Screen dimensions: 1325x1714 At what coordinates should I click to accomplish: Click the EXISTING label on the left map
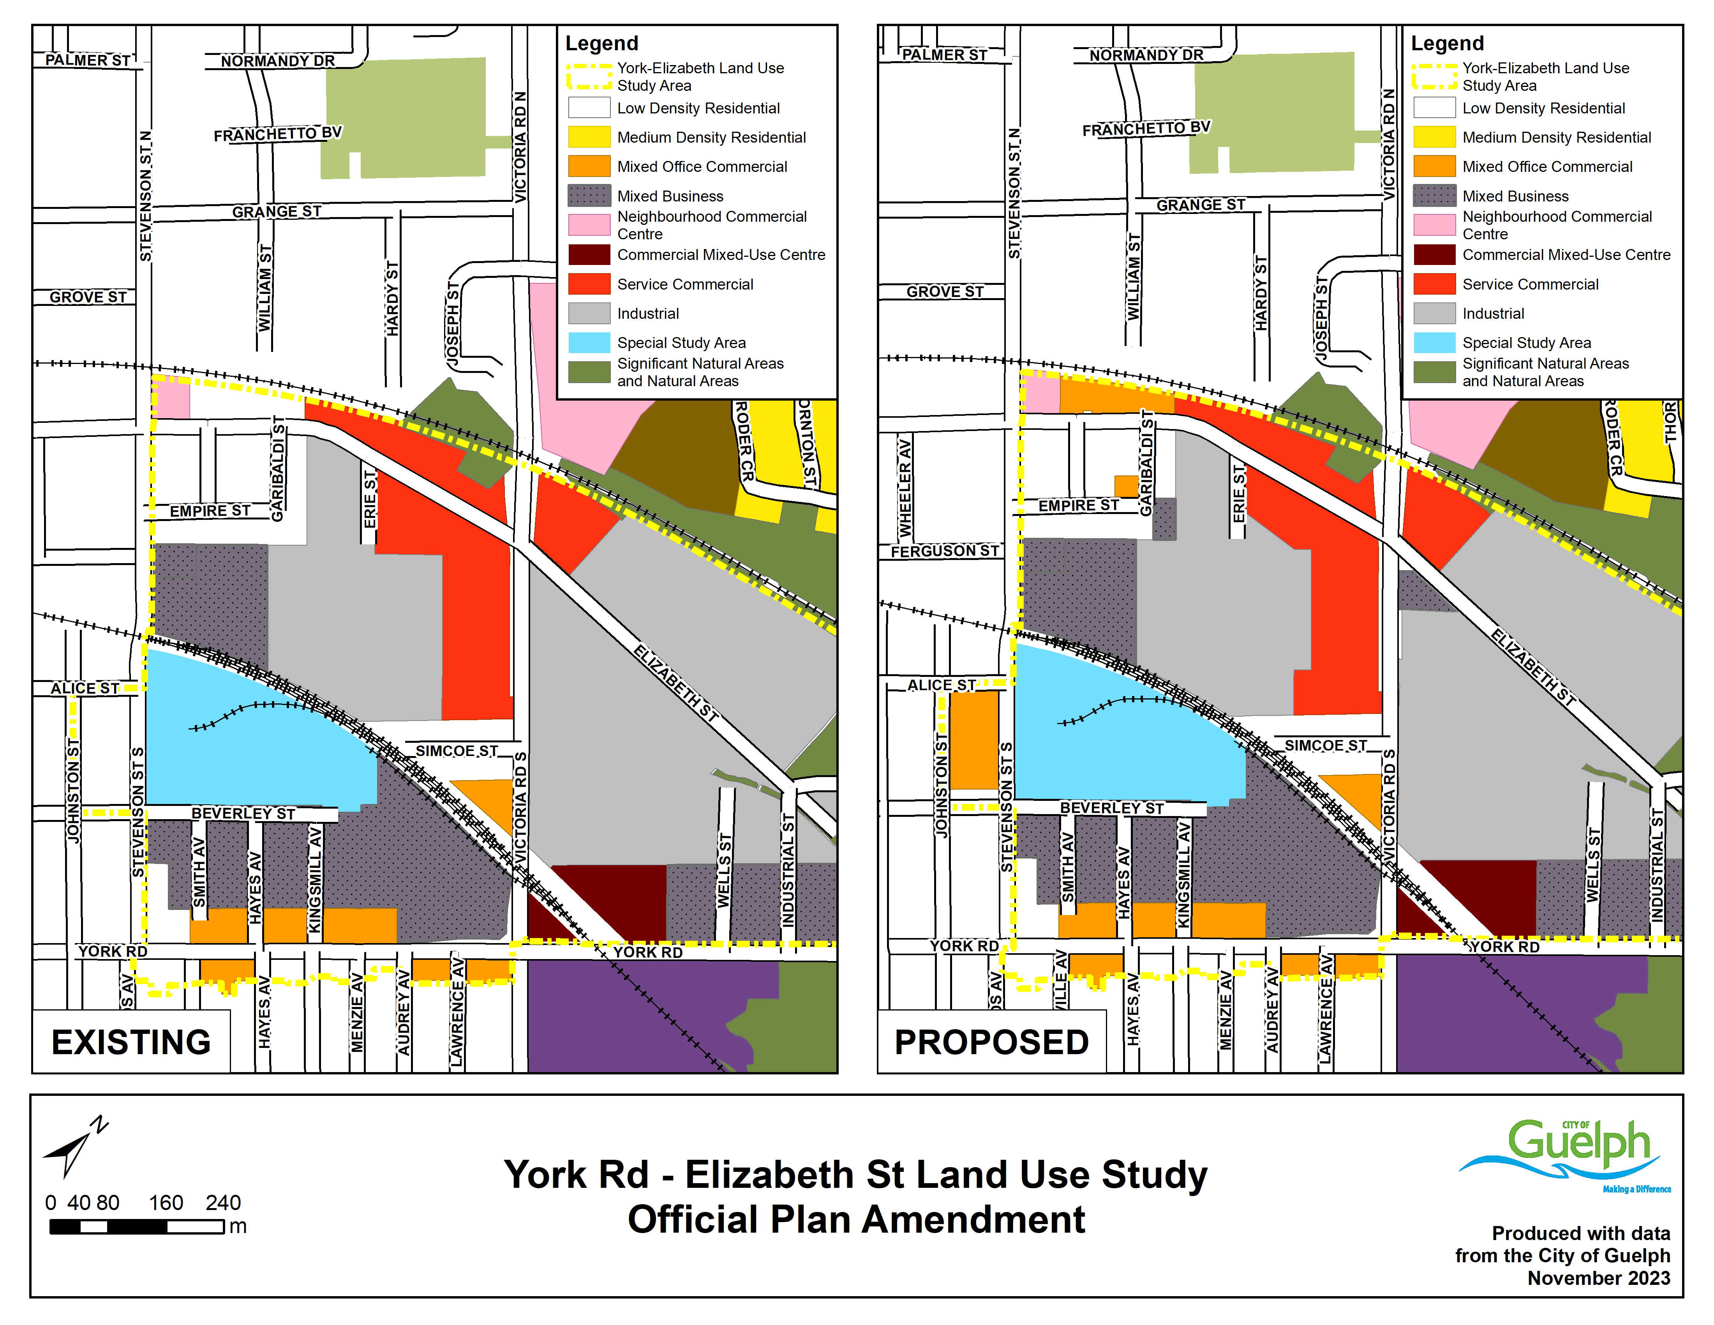[131, 1042]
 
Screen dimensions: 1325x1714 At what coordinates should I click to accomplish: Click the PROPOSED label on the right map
[991, 1042]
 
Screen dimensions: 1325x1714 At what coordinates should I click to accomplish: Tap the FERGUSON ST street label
[944, 551]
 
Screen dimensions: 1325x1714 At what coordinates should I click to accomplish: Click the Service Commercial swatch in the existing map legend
[589, 283]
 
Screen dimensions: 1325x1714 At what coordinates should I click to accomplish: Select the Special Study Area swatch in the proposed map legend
[1434, 342]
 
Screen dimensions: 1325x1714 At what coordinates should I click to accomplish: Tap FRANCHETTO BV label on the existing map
[278, 134]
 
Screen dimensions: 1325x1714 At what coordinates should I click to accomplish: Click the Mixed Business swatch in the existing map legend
[589, 196]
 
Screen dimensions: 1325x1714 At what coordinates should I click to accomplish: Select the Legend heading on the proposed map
[1447, 43]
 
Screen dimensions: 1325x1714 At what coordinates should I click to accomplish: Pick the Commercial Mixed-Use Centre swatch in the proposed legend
[1434, 254]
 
